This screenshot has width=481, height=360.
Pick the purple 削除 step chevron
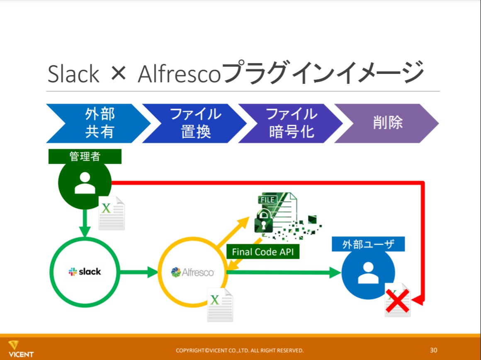388,123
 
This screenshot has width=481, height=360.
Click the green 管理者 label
85,156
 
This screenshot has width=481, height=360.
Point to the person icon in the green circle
85,183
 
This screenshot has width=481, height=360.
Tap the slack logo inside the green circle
85,272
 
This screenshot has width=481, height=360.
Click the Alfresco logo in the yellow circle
192,272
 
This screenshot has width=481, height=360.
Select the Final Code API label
263,252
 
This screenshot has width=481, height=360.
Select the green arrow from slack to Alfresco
139,272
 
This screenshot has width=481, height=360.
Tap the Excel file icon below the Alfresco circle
220,304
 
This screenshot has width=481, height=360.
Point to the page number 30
434,350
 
